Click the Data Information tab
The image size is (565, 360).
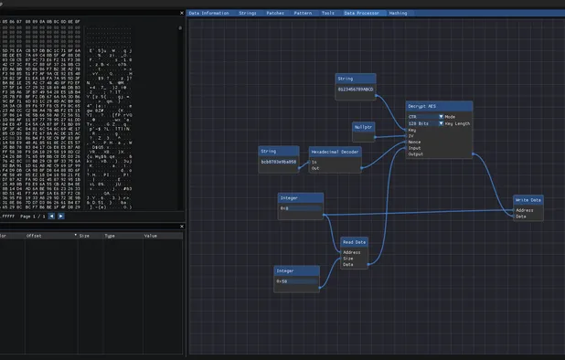click(x=208, y=14)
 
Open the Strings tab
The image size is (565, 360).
click(x=247, y=14)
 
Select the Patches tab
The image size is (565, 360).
click(x=274, y=14)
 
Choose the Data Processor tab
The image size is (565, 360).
click(x=361, y=14)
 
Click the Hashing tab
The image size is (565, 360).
click(x=399, y=14)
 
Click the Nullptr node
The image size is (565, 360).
click(x=364, y=127)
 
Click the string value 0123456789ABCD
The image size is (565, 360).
click(x=355, y=90)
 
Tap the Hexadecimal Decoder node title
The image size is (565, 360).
click(x=335, y=153)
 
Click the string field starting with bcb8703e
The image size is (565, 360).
click(x=279, y=162)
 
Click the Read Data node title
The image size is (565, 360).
click(x=354, y=243)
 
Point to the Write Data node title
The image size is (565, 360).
click(x=528, y=200)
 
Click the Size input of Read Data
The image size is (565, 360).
click(x=348, y=259)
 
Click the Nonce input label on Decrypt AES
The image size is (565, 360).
click(x=415, y=142)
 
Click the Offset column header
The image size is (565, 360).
click(x=34, y=236)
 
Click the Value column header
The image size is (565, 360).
click(x=151, y=236)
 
